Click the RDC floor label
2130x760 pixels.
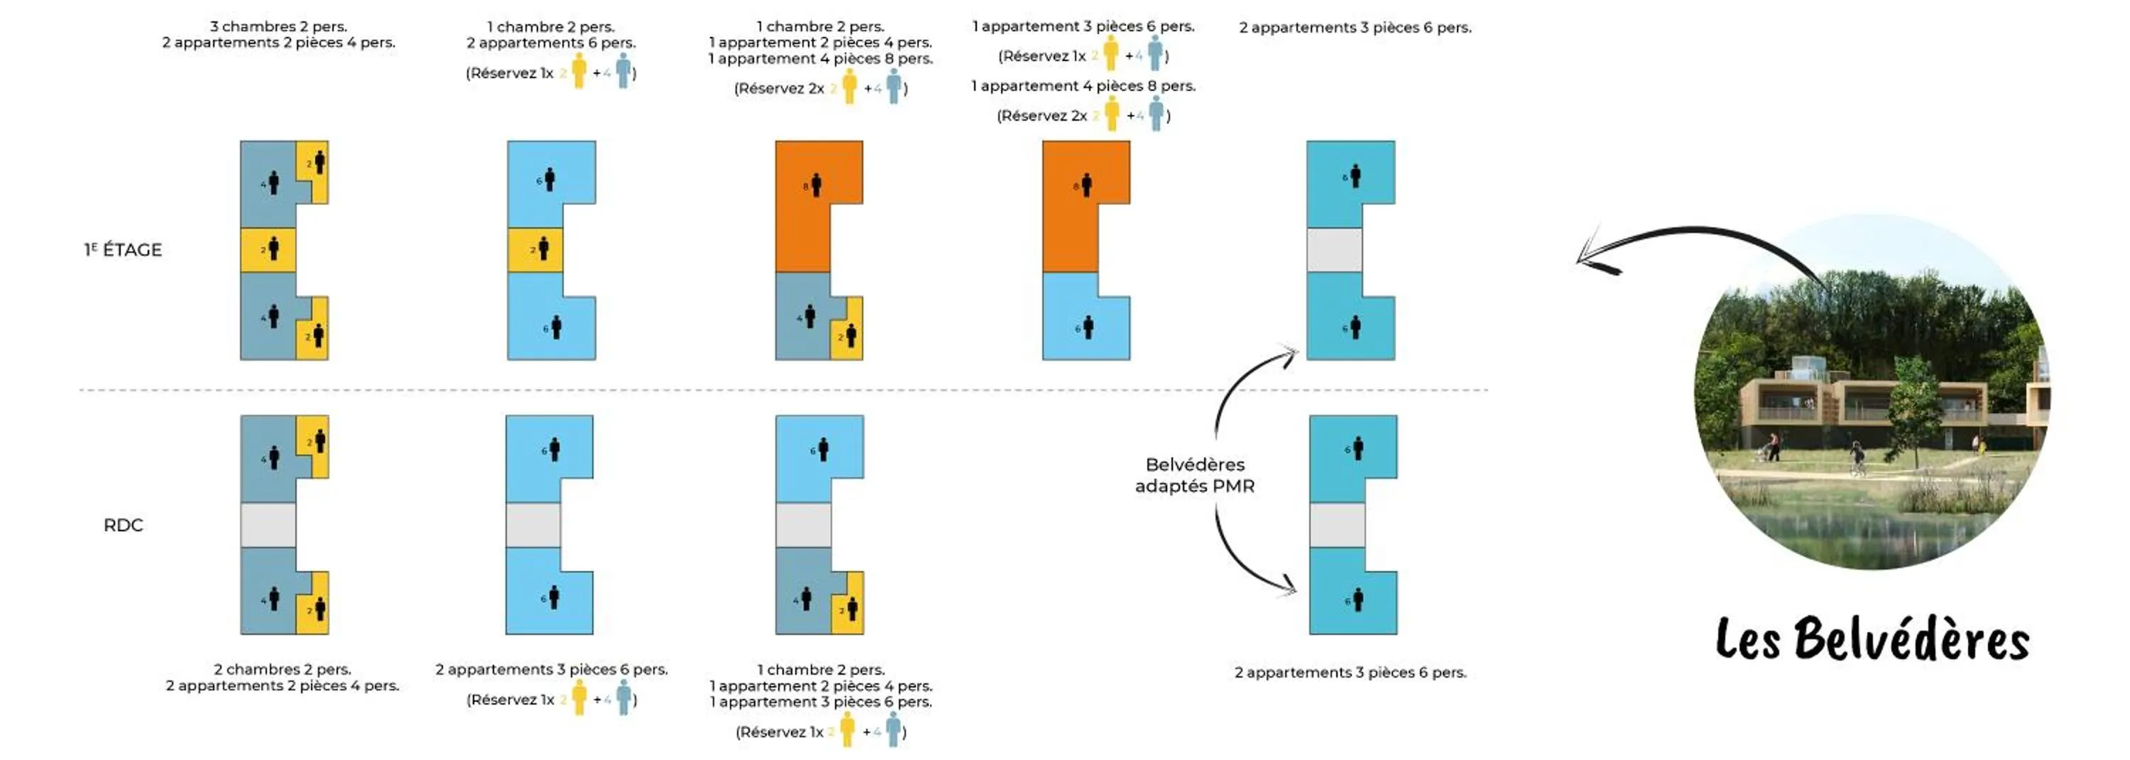[124, 525]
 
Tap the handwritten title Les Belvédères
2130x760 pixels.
[1872, 639]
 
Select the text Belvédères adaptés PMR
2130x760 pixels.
[1195, 475]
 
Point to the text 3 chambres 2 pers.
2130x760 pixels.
[278, 26]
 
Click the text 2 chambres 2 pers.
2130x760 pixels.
[282, 669]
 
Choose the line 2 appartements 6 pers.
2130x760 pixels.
[551, 42]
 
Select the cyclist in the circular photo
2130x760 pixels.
[1857, 457]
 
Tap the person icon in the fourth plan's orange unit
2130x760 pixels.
[1086, 185]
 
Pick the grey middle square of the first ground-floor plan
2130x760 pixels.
[268, 525]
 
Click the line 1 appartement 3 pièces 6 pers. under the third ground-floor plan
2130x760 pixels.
[820, 701]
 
